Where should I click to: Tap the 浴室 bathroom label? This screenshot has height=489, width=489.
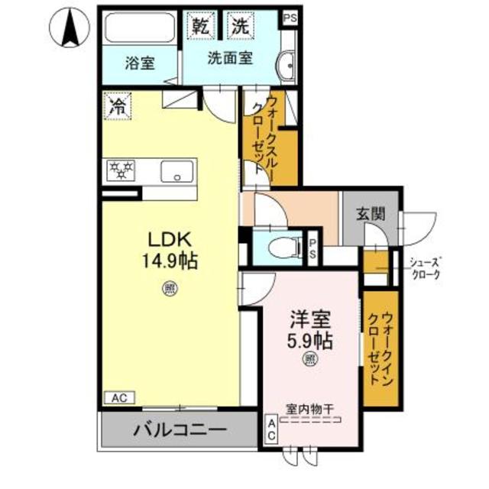click(x=140, y=63)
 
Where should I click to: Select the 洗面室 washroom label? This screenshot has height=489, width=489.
click(x=230, y=57)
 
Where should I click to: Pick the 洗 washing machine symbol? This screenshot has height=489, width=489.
click(x=240, y=24)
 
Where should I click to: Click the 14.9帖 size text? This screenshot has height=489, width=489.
click(x=168, y=261)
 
